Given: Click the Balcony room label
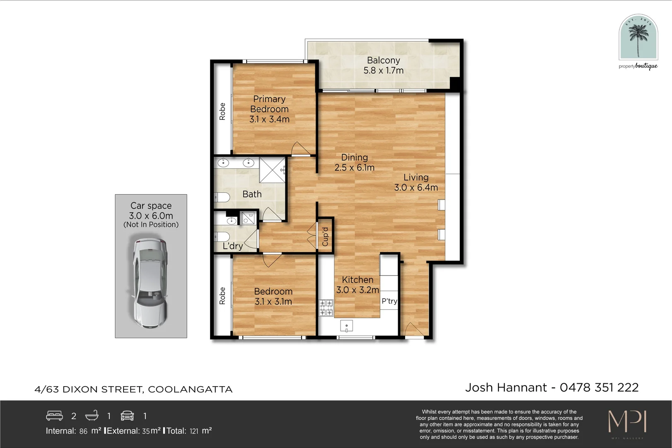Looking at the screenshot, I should (383, 61).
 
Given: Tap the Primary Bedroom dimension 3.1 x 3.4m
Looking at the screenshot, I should (269, 119).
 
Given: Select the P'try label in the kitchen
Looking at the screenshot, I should (389, 301).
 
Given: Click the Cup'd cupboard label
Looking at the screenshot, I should (325, 236).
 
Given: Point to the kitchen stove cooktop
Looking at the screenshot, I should (326, 308).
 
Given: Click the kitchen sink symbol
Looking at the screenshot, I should (346, 326).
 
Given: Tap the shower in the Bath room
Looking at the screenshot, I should (272, 170).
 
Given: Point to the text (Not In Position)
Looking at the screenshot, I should (151, 224).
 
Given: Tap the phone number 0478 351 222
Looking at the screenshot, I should (599, 387).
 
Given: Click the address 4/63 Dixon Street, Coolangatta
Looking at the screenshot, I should (133, 390).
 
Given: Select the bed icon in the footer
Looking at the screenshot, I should (54, 416).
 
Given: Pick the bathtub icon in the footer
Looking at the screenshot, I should (92, 416).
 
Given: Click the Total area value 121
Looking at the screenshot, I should (194, 431).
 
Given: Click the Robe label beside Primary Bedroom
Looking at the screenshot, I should (222, 112).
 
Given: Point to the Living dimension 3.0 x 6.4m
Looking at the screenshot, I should (416, 187).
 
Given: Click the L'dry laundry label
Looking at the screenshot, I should (232, 246).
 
